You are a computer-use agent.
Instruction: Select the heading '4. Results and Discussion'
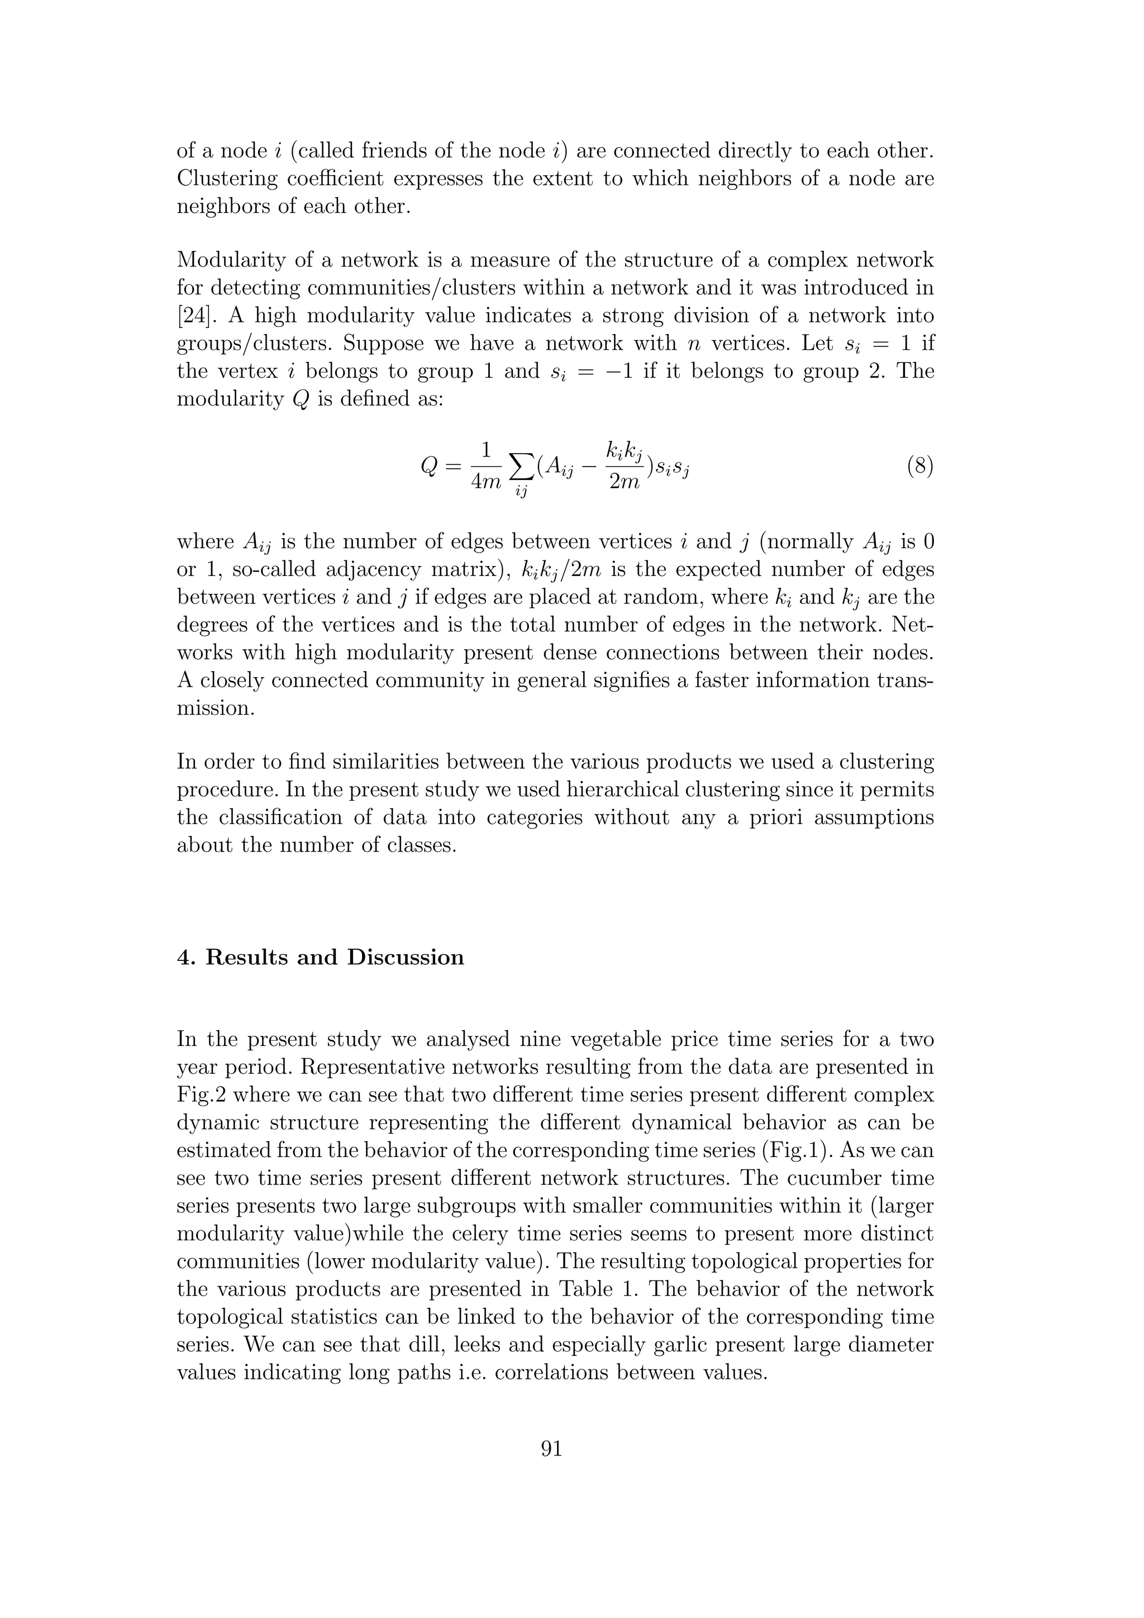click(x=321, y=957)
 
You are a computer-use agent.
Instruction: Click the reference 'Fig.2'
click(x=200, y=1094)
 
